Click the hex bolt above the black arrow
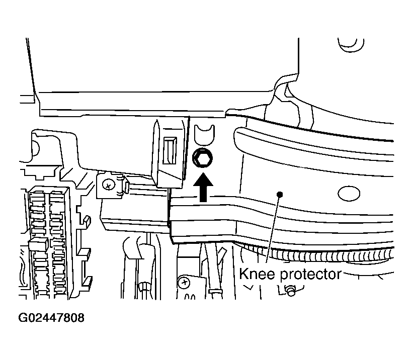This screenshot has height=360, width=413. pyautogui.click(x=202, y=158)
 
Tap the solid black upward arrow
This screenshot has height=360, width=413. pyautogui.click(x=203, y=187)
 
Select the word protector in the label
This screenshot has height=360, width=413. pyautogui.click(x=310, y=275)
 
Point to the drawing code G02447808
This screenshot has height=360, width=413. pyautogui.click(x=51, y=318)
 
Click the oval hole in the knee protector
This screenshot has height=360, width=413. pyautogui.click(x=349, y=193)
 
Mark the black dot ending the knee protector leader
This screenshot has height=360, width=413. pyautogui.click(x=280, y=195)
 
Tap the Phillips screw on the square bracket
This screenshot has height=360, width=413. pyautogui.click(x=108, y=185)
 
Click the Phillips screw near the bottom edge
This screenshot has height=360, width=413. pyautogui.click(x=184, y=283)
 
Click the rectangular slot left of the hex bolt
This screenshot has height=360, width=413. pyautogui.click(x=170, y=151)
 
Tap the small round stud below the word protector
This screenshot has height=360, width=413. pyautogui.click(x=291, y=291)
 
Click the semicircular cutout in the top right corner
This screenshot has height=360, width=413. pyautogui.click(x=351, y=47)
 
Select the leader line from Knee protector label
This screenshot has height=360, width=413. pyautogui.click(x=273, y=229)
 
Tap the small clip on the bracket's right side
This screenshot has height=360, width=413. pyautogui.click(x=126, y=187)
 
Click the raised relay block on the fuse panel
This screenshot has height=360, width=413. pyautogui.click(x=38, y=244)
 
